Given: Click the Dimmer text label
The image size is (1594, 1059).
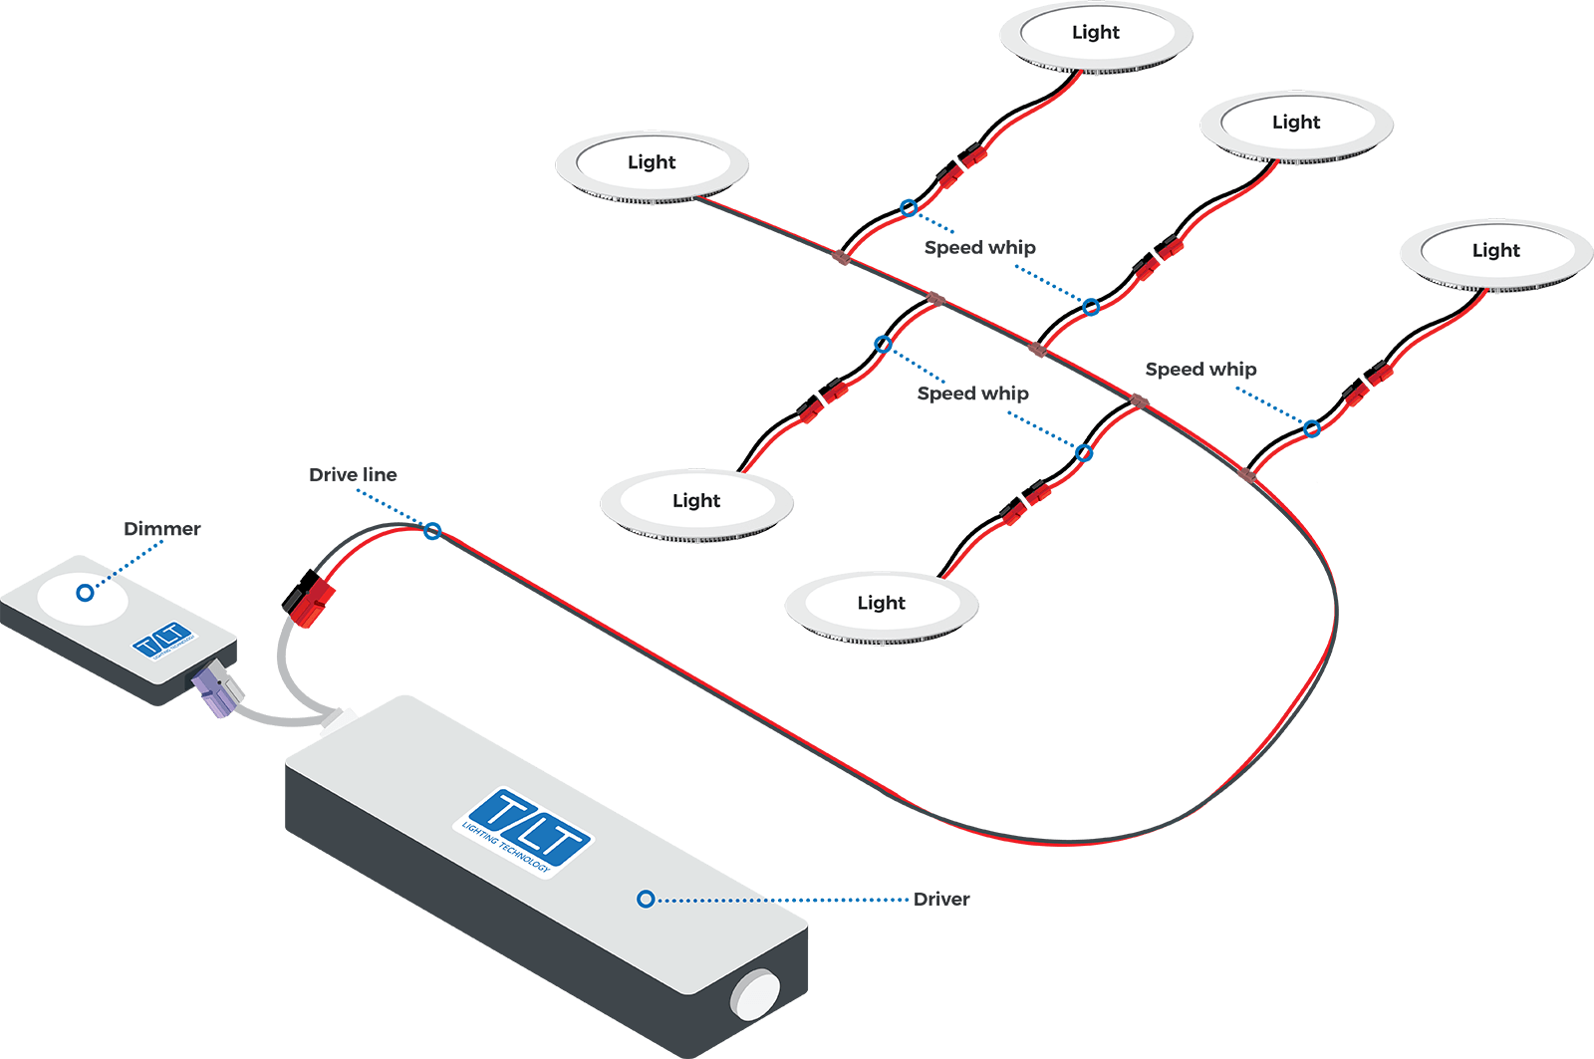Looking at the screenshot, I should click(x=162, y=529).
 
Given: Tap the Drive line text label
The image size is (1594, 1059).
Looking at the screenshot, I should click(x=353, y=475).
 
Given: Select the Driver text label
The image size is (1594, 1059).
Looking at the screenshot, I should click(x=941, y=900).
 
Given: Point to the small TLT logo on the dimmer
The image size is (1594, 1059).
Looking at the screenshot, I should click(x=162, y=640).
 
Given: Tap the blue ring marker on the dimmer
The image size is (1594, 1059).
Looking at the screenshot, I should click(x=86, y=593).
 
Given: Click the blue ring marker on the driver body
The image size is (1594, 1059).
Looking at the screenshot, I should click(x=646, y=900).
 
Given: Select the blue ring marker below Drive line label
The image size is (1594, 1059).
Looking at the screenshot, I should click(x=432, y=532).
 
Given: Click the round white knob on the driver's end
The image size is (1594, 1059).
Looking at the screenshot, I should click(x=757, y=994).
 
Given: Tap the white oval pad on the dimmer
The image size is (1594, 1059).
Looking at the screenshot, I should click(x=83, y=597).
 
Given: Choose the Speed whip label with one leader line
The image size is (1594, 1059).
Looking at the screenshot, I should click(x=1200, y=370).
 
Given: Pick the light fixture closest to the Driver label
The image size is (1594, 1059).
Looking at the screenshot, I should click(x=882, y=604).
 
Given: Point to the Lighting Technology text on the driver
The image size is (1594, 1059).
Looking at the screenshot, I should click(x=505, y=848).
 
